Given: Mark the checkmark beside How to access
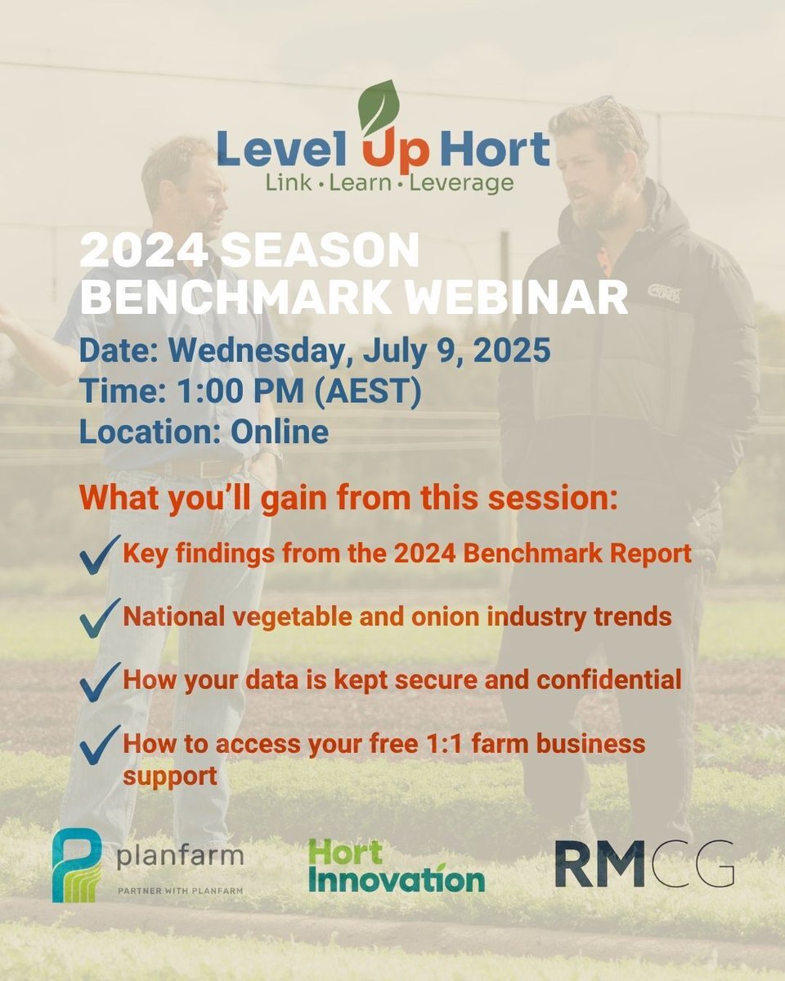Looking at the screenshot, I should point(100,744).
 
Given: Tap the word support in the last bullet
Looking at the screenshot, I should point(170,775).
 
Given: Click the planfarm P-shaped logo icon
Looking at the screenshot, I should point(76,865).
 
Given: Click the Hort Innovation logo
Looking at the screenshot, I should point(396,866).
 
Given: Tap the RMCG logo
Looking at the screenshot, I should point(644,864).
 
